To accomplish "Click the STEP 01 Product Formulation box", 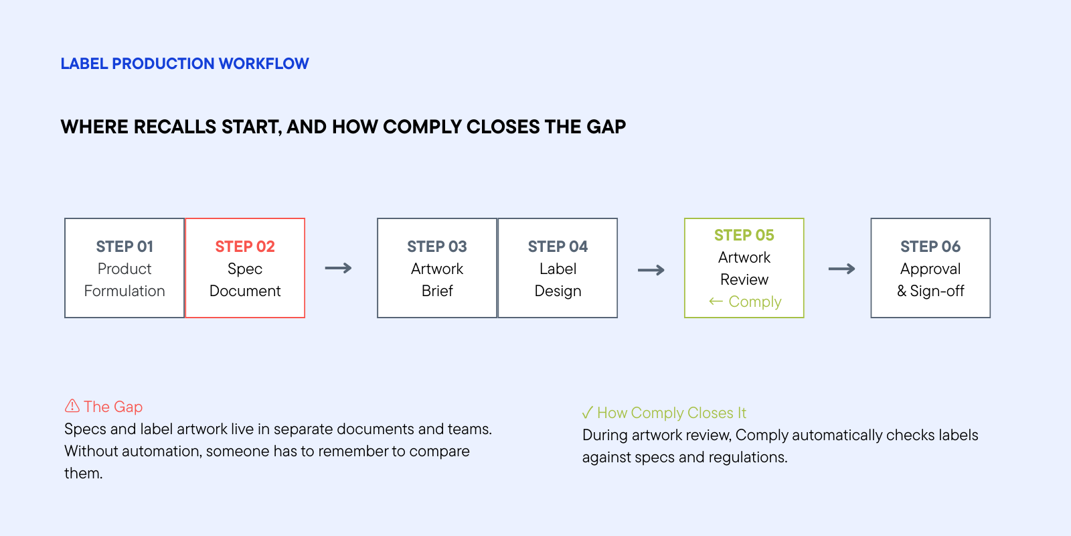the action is (x=125, y=268).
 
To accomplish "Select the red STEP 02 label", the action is (x=245, y=247).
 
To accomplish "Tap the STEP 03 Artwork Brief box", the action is (x=437, y=268).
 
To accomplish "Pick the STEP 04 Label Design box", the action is (x=558, y=268).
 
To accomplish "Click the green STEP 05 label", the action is (x=744, y=235).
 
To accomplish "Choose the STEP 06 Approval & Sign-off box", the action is (x=930, y=268).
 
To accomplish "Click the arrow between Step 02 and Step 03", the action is (x=339, y=268).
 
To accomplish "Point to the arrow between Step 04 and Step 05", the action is (x=651, y=270).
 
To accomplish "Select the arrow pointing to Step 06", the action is (x=841, y=269).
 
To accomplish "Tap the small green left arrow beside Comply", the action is (x=716, y=301).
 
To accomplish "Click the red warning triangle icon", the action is (x=72, y=406).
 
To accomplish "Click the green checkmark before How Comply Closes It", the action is (x=588, y=412).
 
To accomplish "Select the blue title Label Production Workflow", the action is (x=185, y=64).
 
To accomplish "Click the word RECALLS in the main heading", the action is (x=175, y=127).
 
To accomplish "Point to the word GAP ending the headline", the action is (x=606, y=127).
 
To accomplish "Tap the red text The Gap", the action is (x=113, y=407).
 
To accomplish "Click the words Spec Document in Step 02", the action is (x=245, y=279).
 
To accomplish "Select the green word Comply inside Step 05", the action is (x=755, y=302).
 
